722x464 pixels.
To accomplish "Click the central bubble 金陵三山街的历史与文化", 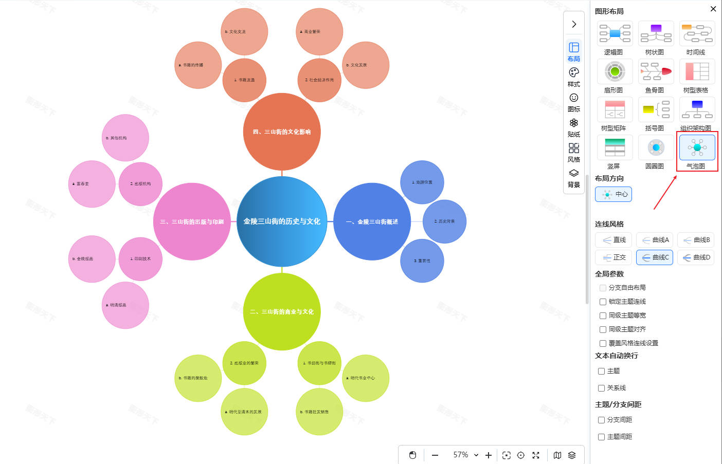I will pos(282,221).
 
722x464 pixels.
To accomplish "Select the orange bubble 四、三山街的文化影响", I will pos(282,132).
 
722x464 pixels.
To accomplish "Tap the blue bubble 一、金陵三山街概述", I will pos(372,222).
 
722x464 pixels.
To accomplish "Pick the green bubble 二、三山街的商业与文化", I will pos(282,312).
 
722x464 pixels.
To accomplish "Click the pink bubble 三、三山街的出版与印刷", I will pos(192,222).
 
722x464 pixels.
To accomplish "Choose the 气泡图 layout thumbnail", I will pos(697,147).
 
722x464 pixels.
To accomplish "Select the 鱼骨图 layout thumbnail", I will pos(656,71).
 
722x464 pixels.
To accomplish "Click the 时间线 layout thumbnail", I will pos(697,33).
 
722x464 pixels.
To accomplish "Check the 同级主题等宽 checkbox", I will pos(603,315).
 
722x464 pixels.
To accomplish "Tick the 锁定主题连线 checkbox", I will pos(603,302).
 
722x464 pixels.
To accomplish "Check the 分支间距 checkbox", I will pos(601,420).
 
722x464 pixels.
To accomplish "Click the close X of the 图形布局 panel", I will pos(713,9).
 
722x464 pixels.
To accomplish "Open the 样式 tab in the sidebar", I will pos(574,77).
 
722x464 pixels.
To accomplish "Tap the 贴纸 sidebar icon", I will pos(574,127).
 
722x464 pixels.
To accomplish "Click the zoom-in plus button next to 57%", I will pos(489,455).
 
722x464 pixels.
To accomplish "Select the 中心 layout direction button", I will pos(613,194).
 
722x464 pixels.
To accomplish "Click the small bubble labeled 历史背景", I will pos(444,221).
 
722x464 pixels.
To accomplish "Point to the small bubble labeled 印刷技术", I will pos(140,259).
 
